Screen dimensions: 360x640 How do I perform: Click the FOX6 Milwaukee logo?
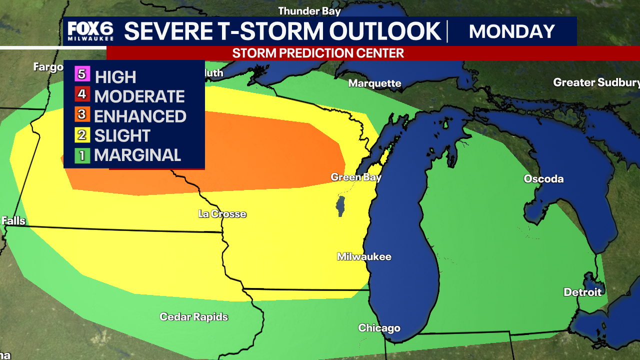click(x=90, y=31)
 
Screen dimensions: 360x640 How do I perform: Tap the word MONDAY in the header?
click(x=512, y=31)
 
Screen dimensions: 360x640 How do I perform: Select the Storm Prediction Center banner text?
click(x=318, y=53)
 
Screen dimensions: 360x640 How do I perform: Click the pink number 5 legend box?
click(x=83, y=75)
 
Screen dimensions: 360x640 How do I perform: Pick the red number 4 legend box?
click(x=83, y=95)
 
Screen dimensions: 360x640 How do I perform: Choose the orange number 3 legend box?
click(x=83, y=115)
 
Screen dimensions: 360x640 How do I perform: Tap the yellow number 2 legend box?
click(x=83, y=135)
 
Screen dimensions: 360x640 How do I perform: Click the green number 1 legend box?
click(x=83, y=155)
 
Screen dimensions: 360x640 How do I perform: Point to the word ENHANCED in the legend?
click(x=140, y=116)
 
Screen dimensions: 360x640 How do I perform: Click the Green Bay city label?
click(x=356, y=177)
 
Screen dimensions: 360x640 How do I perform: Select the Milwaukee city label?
click(x=364, y=256)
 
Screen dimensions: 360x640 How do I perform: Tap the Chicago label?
click(x=379, y=328)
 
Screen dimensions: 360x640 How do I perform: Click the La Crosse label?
click(x=222, y=214)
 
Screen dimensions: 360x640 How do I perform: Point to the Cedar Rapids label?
click(x=193, y=316)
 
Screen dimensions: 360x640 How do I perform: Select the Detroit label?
click(x=582, y=292)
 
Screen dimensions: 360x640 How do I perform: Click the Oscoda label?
click(x=543, y=179)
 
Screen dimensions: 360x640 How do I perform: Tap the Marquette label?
click(x=374, y=83)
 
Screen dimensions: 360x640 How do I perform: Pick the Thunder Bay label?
click(x=309, y=11)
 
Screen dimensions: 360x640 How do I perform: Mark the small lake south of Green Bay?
click(x=341, y=206)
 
